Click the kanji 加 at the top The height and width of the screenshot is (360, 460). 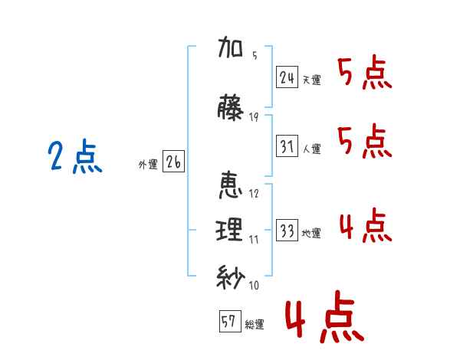231,47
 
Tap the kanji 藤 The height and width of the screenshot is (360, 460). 230,107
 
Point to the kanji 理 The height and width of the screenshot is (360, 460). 229,230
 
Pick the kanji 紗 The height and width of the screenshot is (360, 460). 231,277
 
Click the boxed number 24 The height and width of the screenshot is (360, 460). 287,77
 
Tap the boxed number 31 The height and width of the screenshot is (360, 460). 287,146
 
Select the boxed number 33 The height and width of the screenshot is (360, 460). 287,230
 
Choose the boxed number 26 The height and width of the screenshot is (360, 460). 173,162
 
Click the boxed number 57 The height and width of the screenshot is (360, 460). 230,321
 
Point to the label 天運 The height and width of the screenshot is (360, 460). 312,80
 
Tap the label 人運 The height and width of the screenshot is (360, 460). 312,149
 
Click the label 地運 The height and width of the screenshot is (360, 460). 311,233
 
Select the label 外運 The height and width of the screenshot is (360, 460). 148,164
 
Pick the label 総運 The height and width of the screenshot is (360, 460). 255,324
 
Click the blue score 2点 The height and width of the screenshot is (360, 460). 75,156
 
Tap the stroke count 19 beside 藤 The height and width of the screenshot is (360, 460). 254,117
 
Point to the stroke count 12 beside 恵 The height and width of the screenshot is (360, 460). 254,193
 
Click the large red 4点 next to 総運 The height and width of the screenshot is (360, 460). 325,316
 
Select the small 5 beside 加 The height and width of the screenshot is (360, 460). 255,55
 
